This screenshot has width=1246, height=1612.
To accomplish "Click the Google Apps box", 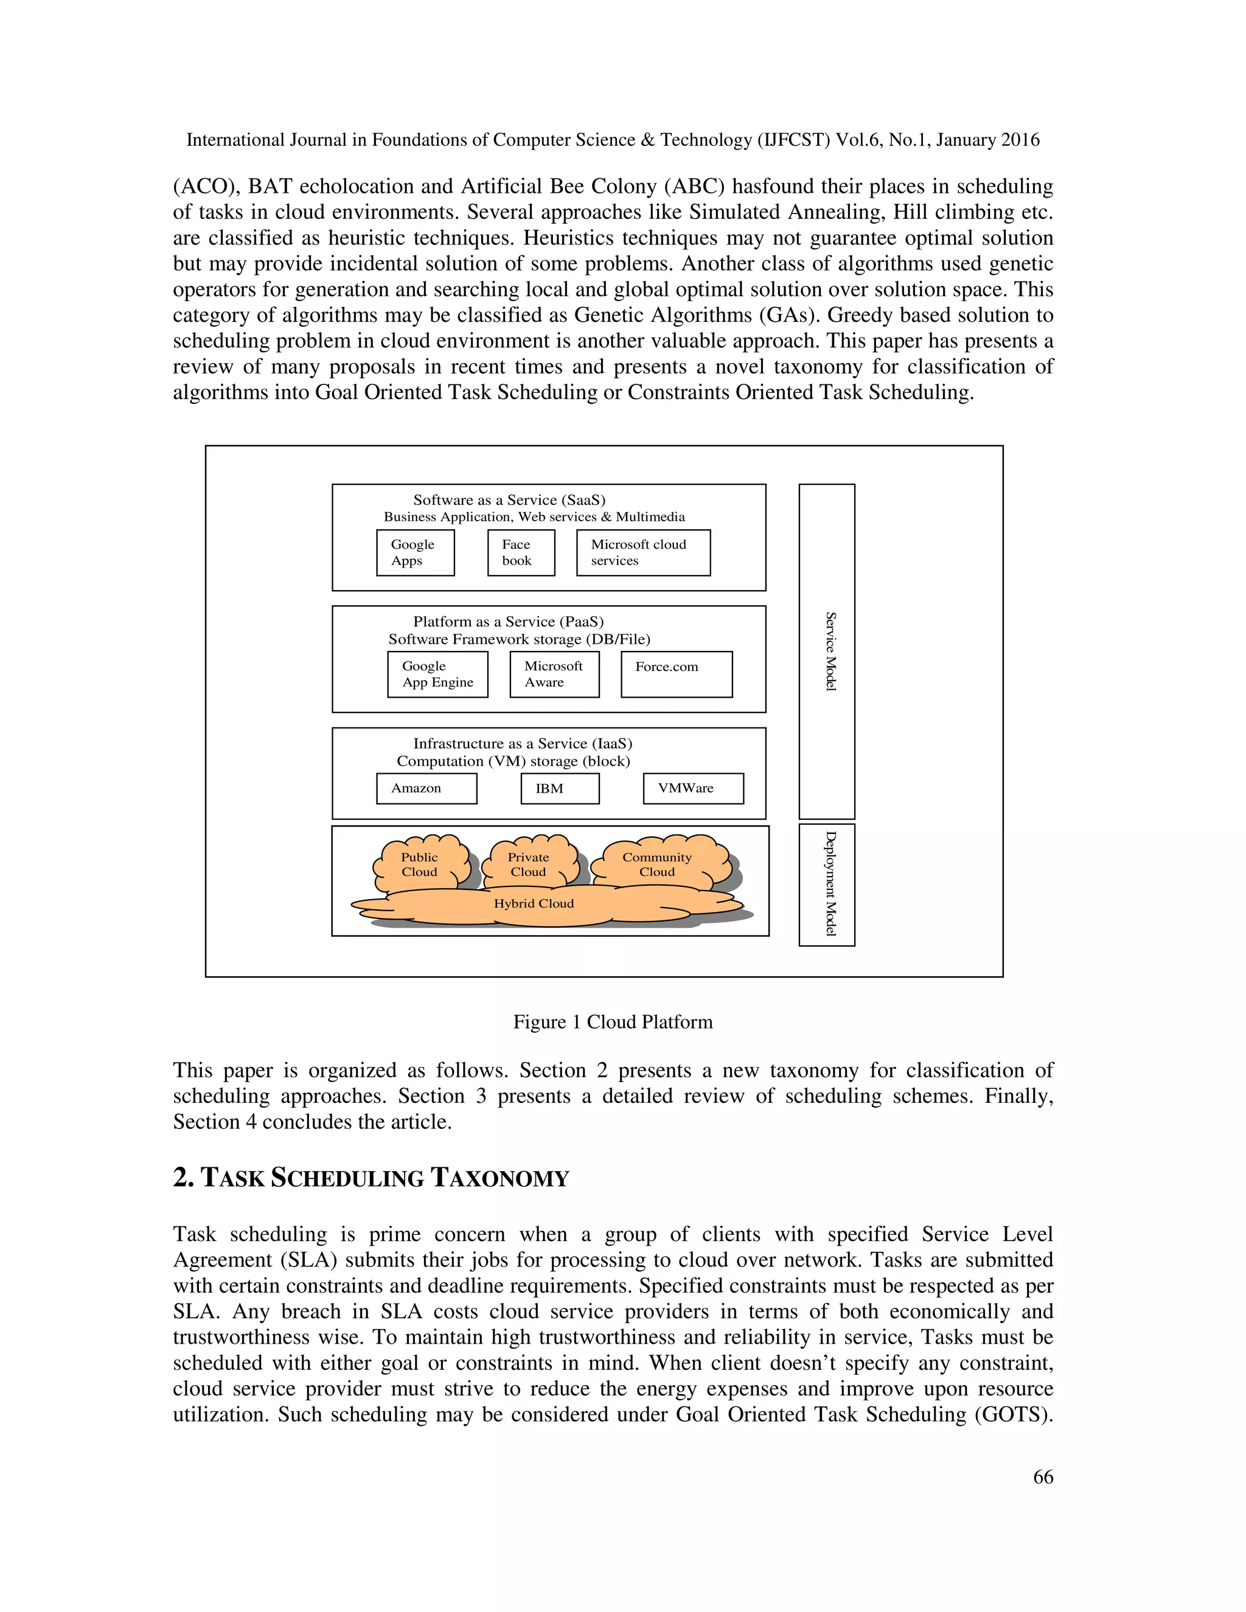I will pyautogui.click(x=415, y=552).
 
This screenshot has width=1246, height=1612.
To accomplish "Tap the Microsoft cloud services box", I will pyautogui.click(x=643, y=552).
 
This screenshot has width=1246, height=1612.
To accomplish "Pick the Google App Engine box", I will pyautogui.click(x=437, y=674).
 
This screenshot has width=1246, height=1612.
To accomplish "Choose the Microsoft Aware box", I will pyautogui.click(x=554, y=674).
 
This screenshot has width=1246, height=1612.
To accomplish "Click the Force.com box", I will pyautogui.click(x=676, y=674).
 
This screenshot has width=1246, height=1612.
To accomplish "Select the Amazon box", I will pyautogui.click(x=426, y=788).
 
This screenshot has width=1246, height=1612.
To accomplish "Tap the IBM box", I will pyautogui.click(x=560, y=788).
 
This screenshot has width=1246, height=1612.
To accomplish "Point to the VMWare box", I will pyautogui.click(x=693, y=788).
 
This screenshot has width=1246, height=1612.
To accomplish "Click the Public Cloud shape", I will pyautogui.click(x=420, y=864).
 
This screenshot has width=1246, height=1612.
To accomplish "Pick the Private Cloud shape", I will pyautogui.click(x=529, y=864).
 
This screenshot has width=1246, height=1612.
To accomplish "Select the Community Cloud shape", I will pyautogui.click(x=657, y=864).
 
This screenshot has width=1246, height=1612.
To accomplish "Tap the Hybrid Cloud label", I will pyautogui.click(x=534, y=903).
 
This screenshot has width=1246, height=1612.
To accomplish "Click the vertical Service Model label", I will pyautogui.click(x=830, y=651).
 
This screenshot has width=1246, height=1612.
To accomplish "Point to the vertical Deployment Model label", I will pyautogui.click(x=830, y=883).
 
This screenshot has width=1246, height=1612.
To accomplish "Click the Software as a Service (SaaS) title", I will pyautogui.click(x=509, y=499).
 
